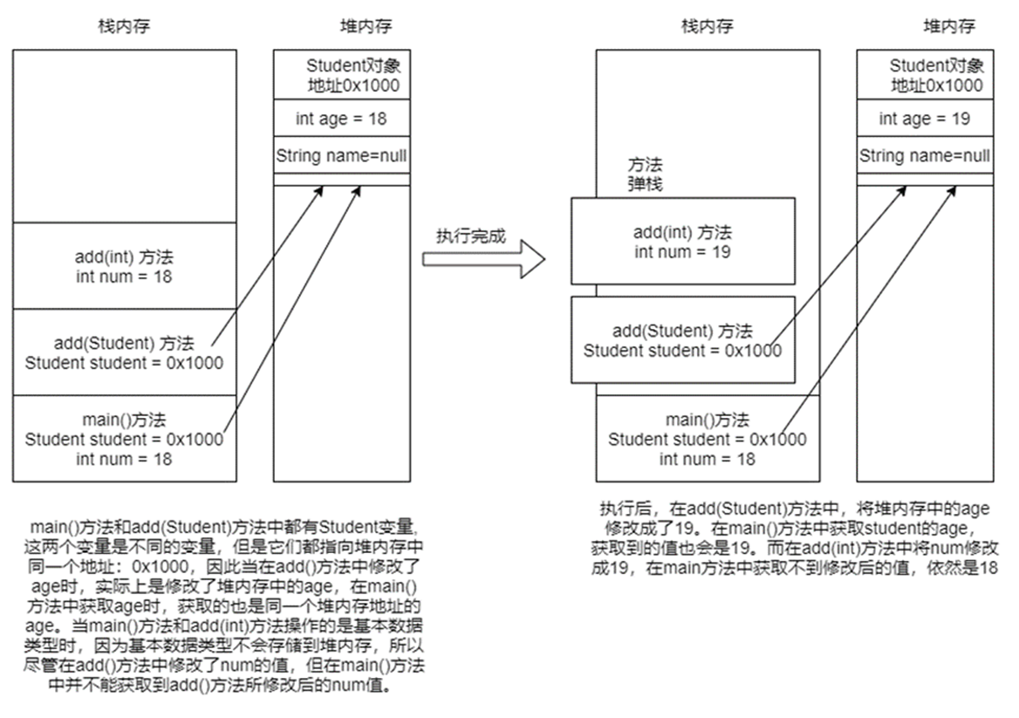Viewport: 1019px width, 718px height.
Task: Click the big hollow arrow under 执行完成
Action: click(x=483, y=259)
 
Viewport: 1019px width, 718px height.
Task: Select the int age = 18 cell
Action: click(x=341, y=119)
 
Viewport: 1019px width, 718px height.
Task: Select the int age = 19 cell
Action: click(x=924, y=119)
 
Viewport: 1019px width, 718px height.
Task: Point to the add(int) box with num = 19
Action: click(x=683, y=242)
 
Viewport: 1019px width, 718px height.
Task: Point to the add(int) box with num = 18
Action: click(x=124, y=266)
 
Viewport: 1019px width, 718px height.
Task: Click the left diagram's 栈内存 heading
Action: click(x=123, y=26)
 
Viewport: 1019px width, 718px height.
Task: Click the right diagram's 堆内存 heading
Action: click(x=949, y=26)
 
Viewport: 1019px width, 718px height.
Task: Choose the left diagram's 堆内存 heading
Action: click(x=366, y=26)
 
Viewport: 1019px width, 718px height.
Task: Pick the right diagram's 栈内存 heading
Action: click(x=707, y=26)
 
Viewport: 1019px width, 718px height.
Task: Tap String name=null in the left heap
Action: click(x=341, y=156)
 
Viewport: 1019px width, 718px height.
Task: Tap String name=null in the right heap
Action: click(x=924, y=156)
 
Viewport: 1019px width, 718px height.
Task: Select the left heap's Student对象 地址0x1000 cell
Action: click(x=341, y=76)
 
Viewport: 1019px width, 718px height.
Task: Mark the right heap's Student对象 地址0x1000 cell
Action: click(x=924, y=76)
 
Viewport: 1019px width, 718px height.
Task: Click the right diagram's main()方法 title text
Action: click(x=707, y=421)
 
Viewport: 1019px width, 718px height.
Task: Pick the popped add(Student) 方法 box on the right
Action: click(x=683, y=340)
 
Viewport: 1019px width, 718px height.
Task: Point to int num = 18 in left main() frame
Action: click(x=124, y=459)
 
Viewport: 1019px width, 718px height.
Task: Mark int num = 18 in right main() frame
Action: click(x=707, y=459)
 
